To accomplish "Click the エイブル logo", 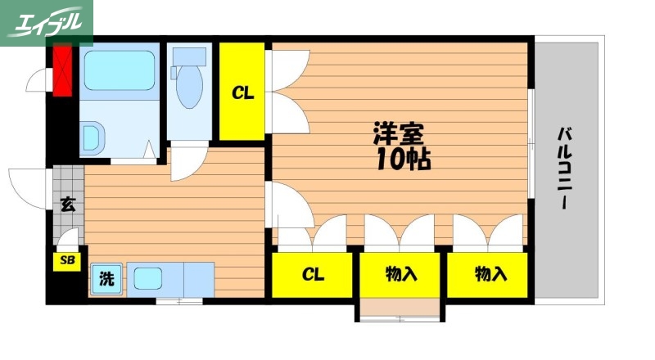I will click(x=47, y=23).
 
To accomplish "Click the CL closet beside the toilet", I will click(x=242, y=92).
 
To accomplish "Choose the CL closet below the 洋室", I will click(x=313, y=274).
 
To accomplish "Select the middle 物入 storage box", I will click(x=401, y=274).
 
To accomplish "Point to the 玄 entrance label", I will click(x=66, y=205).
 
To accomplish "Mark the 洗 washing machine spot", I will click(x=106, y=278).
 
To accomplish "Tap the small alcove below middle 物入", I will click(x=401, y=309).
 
